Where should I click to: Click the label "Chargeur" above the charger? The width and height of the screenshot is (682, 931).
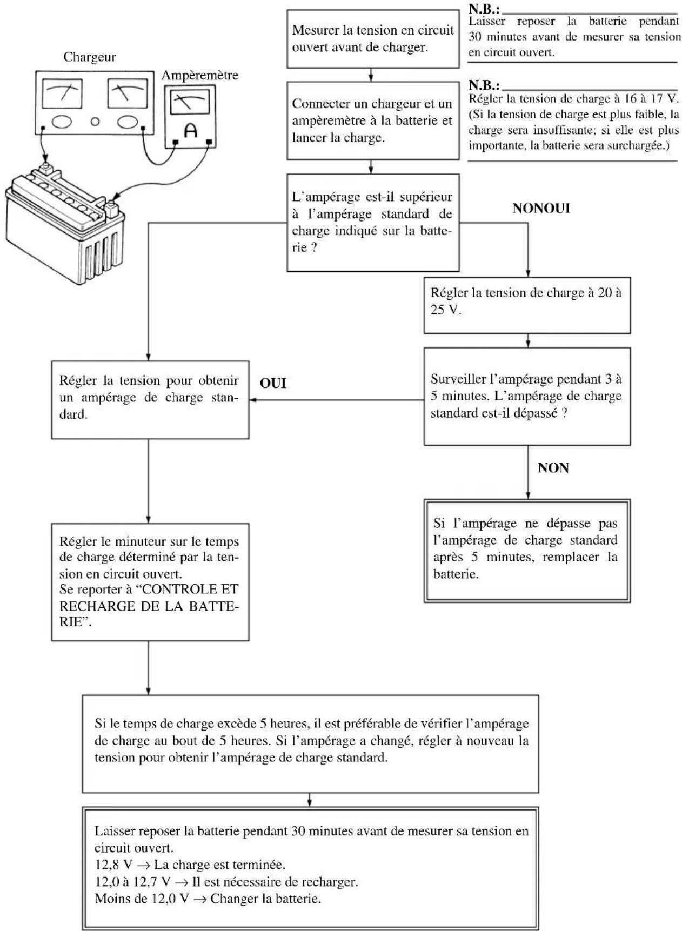pos(90,57)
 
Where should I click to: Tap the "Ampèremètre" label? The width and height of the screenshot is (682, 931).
pos(200,75)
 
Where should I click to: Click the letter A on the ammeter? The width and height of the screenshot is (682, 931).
pos(191,130)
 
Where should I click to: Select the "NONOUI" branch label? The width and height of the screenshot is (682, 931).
pos(541,209)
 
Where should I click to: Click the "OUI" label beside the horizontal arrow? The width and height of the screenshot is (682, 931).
pos(273,383)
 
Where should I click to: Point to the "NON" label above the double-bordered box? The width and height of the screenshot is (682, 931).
pos(553,468)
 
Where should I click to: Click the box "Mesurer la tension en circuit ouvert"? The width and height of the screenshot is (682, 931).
pos(373,38)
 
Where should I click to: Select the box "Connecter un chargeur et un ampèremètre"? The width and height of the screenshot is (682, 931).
pos(373,120)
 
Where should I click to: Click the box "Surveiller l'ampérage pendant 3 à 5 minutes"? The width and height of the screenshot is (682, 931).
pos(527,396)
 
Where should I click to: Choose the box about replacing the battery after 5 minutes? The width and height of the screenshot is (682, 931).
pos(527,551)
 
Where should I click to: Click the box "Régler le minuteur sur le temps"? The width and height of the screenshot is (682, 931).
pos(150,582)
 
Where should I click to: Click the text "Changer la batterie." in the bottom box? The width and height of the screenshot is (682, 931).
pos(265,899)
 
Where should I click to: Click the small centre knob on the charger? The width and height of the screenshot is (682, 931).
pos(95,121)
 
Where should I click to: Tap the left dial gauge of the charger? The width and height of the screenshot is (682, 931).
pos(63,93)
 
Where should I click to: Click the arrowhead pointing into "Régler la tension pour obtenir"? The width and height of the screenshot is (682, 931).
pos(252,400)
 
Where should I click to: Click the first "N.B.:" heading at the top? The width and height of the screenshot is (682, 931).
pos(484,9)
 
